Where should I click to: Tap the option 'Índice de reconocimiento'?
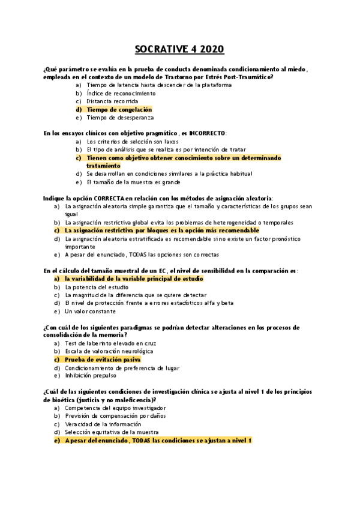[121, 94]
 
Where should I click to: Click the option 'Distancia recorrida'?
[115, 101]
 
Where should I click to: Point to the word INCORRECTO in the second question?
[207, 133]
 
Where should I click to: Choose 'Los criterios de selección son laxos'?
[132, 142]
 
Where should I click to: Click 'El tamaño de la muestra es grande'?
[133, 182]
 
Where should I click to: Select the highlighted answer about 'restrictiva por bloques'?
[162, 230]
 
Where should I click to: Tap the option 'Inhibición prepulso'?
[94, 376]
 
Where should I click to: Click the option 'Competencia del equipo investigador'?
[115, 408]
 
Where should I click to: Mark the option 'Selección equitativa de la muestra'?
[112, 432]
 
